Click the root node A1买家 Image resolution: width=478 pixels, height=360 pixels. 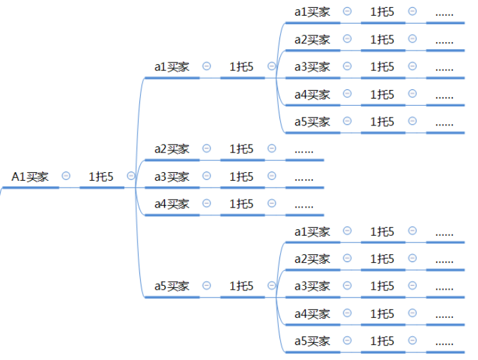coord(30,177)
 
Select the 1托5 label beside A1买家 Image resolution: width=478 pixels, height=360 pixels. coord(101,177)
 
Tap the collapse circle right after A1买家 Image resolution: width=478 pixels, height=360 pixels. coord(66,176)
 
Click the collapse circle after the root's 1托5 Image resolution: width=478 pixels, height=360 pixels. coord(131,176)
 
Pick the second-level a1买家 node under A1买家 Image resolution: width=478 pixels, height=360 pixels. coord(172,67)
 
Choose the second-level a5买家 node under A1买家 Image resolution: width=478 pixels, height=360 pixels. coord(172,286)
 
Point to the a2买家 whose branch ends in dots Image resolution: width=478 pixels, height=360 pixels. coord(172,149)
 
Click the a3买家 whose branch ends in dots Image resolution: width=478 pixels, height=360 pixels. coord(172,177)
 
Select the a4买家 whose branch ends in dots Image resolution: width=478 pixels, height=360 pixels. coord(172,204)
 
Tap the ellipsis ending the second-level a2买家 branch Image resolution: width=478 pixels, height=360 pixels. coord(304,151)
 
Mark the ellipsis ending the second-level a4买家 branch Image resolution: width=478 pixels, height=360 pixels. coord(304,206)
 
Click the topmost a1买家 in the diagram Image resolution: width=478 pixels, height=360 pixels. coord(312,12)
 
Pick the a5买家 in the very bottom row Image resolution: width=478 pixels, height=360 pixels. coord(312,341)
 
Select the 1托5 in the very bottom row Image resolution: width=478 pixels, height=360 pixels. coord(382,341)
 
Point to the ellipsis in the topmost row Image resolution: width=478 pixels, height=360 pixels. coord(444,14)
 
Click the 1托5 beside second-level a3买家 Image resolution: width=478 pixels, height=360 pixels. coord(241,177)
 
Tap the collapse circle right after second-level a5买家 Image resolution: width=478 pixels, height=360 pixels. coord(206,285)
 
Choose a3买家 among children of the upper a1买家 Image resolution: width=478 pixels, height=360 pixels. coord(312,67)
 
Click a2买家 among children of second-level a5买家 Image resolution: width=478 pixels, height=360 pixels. coord(312,259)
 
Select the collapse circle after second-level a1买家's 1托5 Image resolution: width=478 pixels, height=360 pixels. coord(272,66)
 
